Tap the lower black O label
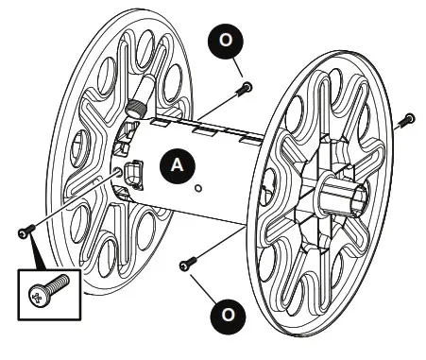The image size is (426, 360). pos(224,311)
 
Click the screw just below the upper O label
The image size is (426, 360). pos(245,90)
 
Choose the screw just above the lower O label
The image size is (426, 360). pos(187,263)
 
